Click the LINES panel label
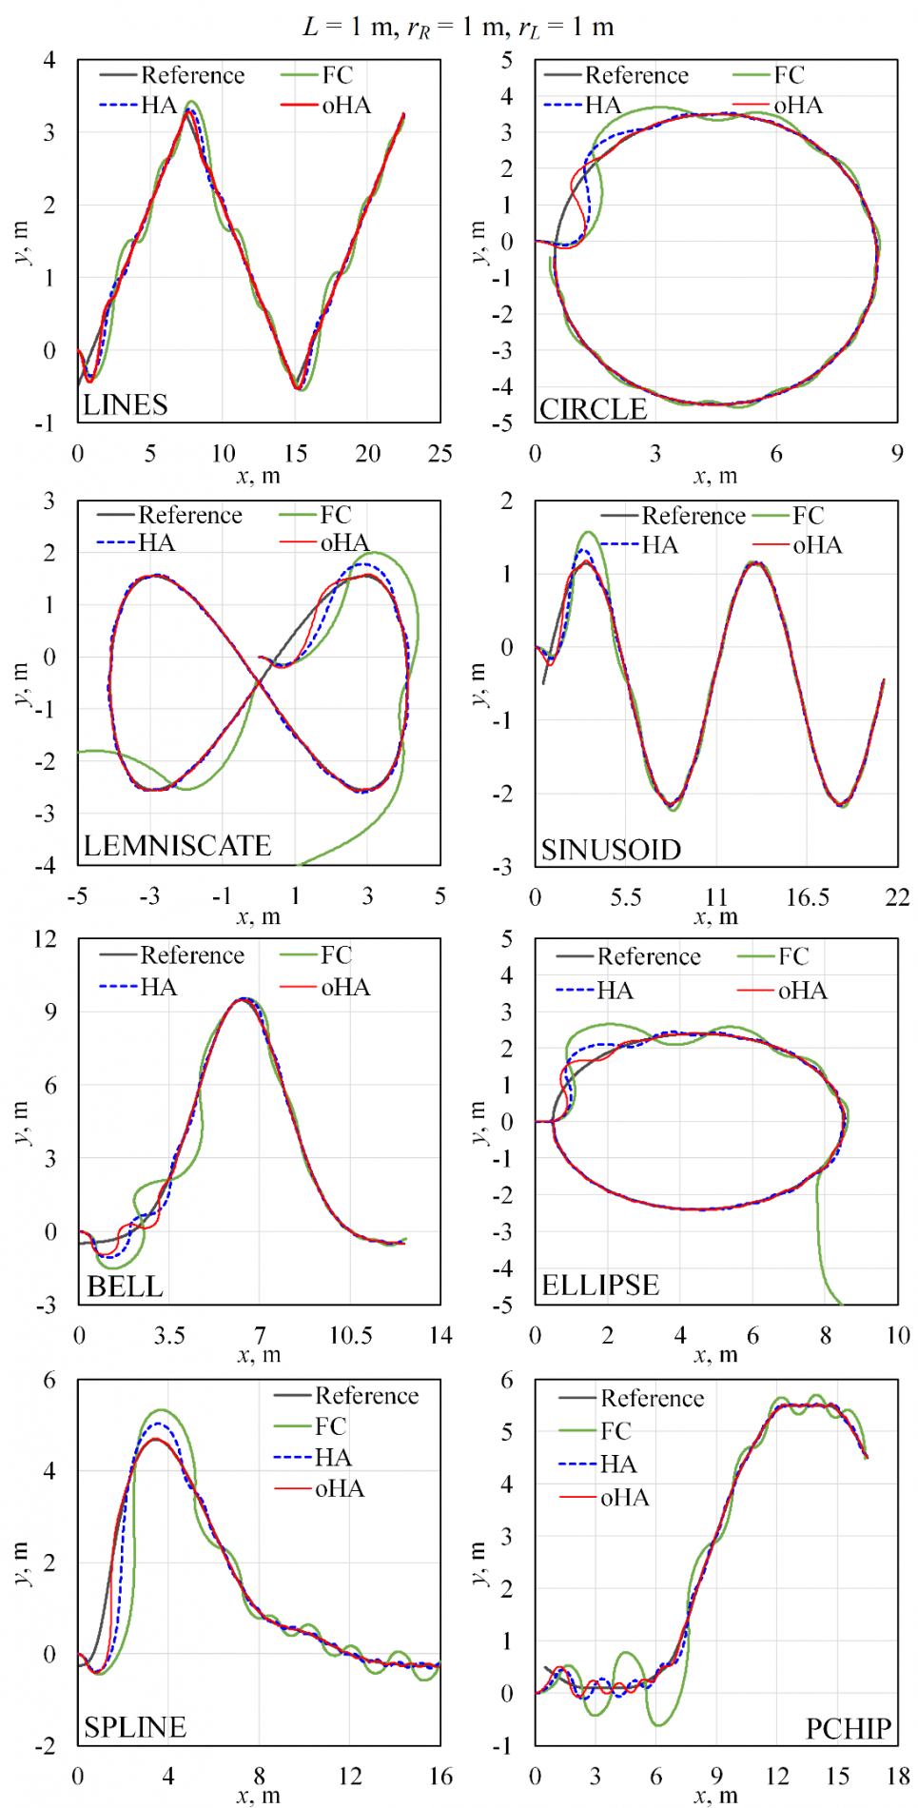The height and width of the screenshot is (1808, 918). [x=125, y=405]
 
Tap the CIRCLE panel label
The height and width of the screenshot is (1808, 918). [x=593, y=409]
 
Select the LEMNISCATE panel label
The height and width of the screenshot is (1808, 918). [x=177, y=846]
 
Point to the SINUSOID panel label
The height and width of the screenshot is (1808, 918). [x=611, y=850]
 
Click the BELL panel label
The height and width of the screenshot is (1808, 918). [x=125, y=1287]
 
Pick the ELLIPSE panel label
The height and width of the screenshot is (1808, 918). [x=600, y=1286]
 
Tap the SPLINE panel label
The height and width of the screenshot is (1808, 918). [x=134, y=1727]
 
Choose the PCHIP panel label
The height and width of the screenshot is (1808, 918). [x=849, y=1729]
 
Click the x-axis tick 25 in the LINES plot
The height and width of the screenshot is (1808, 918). [x=439, y=454]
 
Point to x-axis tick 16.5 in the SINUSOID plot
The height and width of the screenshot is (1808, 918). [x=808, y=897]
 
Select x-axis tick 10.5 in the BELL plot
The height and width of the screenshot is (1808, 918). [x=350, y=1336]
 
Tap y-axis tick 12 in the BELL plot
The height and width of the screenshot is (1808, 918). [x=46, y=939]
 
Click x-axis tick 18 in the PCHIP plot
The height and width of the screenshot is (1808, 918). [x=898, y=1777]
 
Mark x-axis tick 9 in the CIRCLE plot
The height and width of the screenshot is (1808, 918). [x=897, y=454]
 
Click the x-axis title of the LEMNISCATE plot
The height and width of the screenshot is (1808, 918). [x=259, y=916]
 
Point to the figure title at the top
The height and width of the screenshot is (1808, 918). [x=459, y=27]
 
